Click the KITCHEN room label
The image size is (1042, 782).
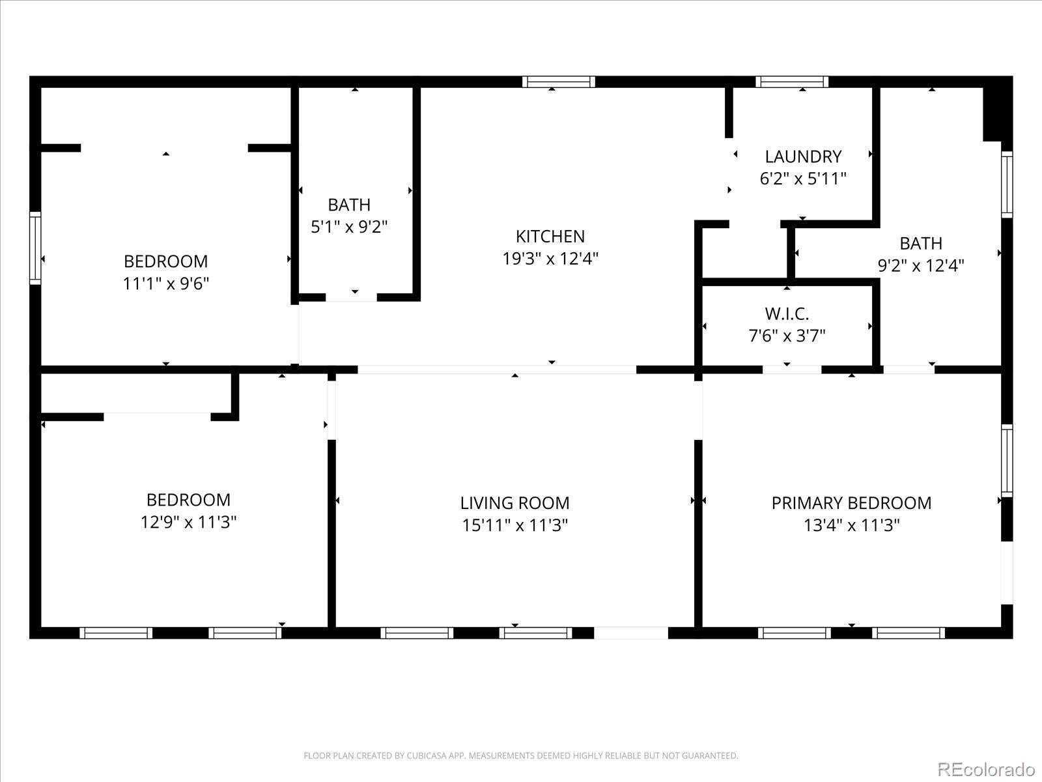550,236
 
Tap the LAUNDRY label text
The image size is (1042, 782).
803,156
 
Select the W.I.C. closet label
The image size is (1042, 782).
787,313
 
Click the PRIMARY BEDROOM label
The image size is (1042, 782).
851,502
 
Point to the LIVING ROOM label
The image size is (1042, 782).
514,502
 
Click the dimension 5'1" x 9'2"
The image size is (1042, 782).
349,227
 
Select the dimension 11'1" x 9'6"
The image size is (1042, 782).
166,283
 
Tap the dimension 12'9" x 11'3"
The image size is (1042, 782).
188,522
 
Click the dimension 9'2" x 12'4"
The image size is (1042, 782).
921,265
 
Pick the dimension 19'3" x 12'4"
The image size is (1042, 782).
550,259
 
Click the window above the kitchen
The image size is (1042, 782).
558,81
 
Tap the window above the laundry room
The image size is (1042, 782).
792,81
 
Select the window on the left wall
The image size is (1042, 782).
35,248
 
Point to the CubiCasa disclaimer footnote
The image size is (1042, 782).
521,756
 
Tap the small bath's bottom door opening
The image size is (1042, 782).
352,298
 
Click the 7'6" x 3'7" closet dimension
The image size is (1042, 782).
787,336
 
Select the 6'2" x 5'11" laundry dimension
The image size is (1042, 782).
803,179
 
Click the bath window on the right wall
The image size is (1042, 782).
1007,184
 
